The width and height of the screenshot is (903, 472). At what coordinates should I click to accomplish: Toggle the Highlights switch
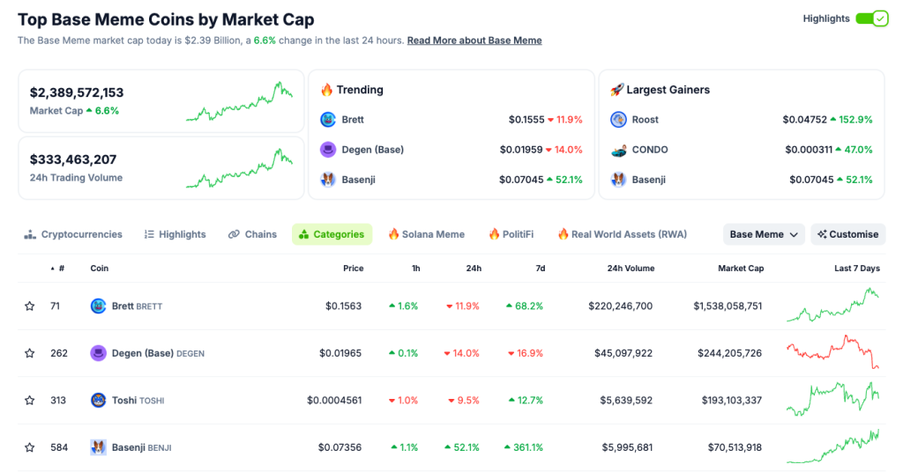point(871,18)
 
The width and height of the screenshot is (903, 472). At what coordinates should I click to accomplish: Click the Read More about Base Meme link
point(474,41)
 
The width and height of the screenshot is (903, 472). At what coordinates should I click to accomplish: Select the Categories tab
point(332,234)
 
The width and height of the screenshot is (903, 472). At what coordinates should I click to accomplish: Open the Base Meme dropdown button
point(764,234)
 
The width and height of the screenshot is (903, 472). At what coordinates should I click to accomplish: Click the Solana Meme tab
point(426,234)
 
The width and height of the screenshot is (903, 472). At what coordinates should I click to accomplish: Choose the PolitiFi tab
point(511,234)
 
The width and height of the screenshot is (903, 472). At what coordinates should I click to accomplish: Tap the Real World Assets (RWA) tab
point(622,234)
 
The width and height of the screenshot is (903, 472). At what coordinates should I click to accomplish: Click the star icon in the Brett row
point(30,306)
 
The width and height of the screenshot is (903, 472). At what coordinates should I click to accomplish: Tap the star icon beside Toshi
point(30,401)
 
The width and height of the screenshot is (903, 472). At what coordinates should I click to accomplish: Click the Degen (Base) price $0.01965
point(340,353)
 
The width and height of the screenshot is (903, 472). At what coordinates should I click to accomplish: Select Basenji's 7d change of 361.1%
point(525,447)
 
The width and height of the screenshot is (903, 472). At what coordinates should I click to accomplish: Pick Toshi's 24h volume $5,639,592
point(621,401)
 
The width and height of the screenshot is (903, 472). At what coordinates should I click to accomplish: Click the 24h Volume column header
point(631,269)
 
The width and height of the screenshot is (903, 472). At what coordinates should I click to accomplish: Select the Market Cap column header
point(741,269)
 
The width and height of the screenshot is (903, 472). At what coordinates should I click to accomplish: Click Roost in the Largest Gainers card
point(645,120)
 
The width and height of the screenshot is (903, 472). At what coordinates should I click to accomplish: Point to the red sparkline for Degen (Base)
point(832,352)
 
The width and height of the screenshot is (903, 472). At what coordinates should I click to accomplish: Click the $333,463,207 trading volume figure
point(73,159)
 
